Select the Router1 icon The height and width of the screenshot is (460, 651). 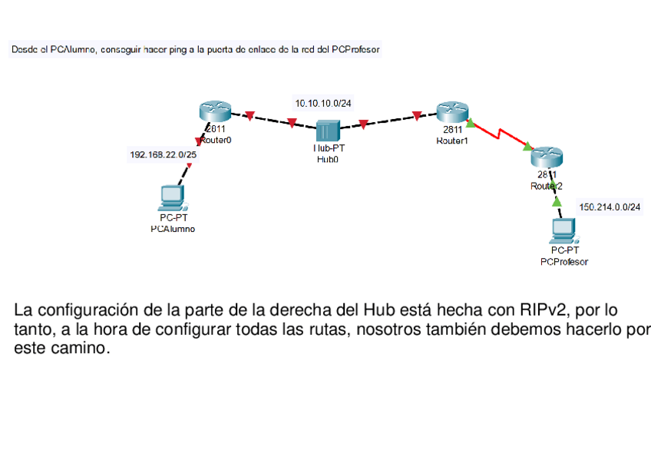(448, 112)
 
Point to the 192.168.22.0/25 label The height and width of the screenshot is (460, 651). (162, 154)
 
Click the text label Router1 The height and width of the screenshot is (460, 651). (451, 141)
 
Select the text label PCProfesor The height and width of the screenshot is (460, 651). (564, 261)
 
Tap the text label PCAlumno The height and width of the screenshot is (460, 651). (173, 228)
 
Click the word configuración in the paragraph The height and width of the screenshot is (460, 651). (86, 311)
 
